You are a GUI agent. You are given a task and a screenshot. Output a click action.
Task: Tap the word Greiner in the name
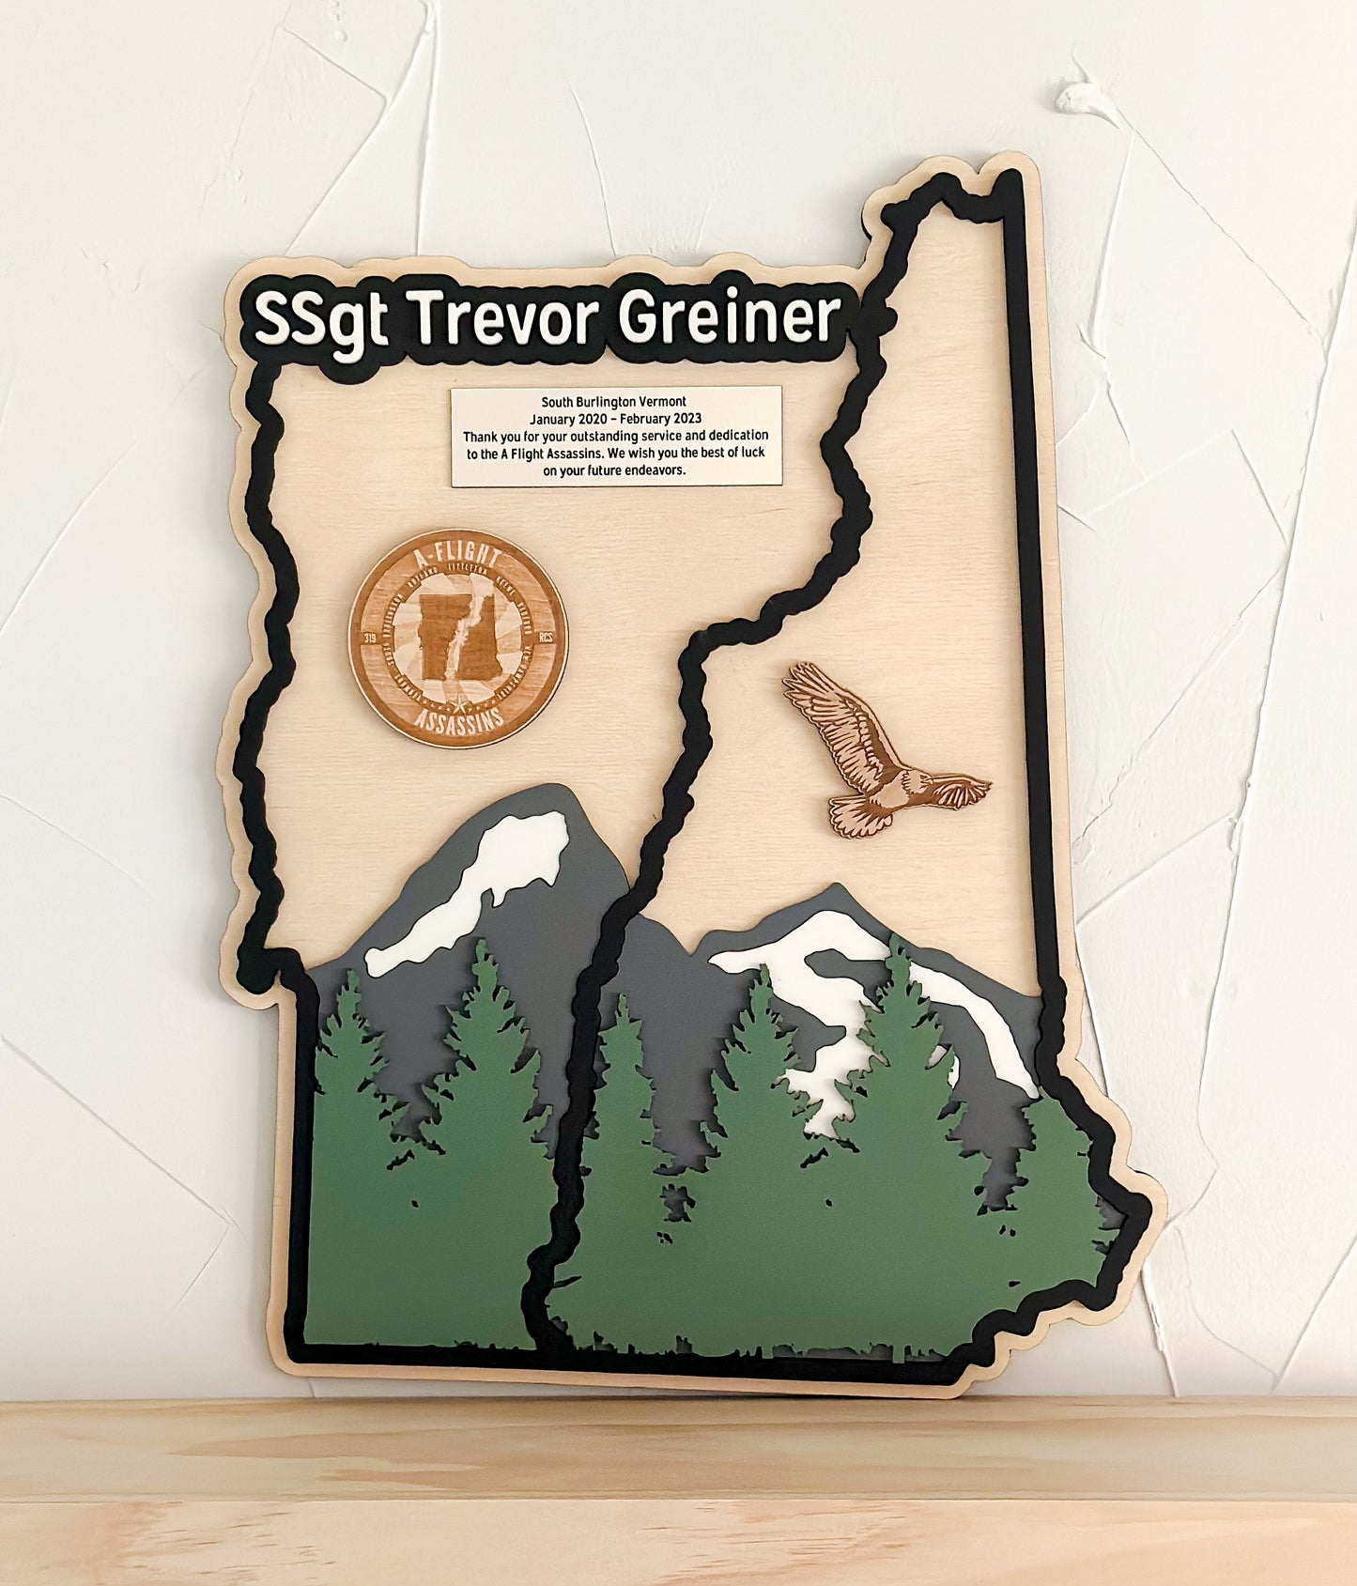731,316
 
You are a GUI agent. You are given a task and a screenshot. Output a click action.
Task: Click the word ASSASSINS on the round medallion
459,720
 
